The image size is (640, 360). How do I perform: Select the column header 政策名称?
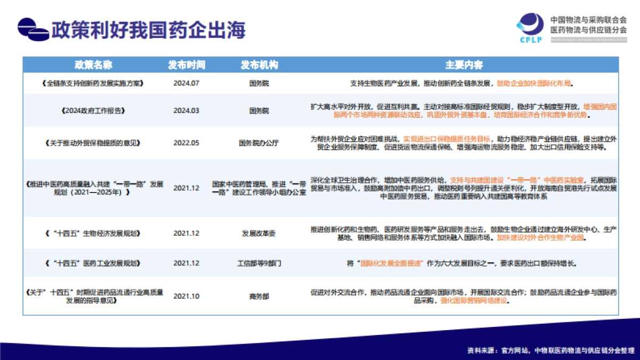(93, 65)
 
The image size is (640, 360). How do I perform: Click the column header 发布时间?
(186, 65)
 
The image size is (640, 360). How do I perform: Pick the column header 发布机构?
(259, 65)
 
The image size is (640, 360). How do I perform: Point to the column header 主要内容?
(463, 65)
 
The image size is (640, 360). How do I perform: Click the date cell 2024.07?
(186, 84)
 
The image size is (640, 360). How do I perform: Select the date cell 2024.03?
(186, 111)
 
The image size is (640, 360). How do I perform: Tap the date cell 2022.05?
(186, 143)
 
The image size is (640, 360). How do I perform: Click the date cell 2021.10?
(186, 297)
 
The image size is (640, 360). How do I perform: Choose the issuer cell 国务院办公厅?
(259, 143)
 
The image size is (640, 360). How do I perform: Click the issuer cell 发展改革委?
(259, 234)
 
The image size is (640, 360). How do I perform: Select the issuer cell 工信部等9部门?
(259, 263)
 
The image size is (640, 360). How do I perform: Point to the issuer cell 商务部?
(259, 297)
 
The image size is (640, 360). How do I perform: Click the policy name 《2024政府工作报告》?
(93, 111)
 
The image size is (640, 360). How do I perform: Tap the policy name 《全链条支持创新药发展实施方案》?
(93, 84)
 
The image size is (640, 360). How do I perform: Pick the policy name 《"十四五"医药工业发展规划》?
(93, 263)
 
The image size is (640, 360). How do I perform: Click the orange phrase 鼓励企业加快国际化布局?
(534, 84)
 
